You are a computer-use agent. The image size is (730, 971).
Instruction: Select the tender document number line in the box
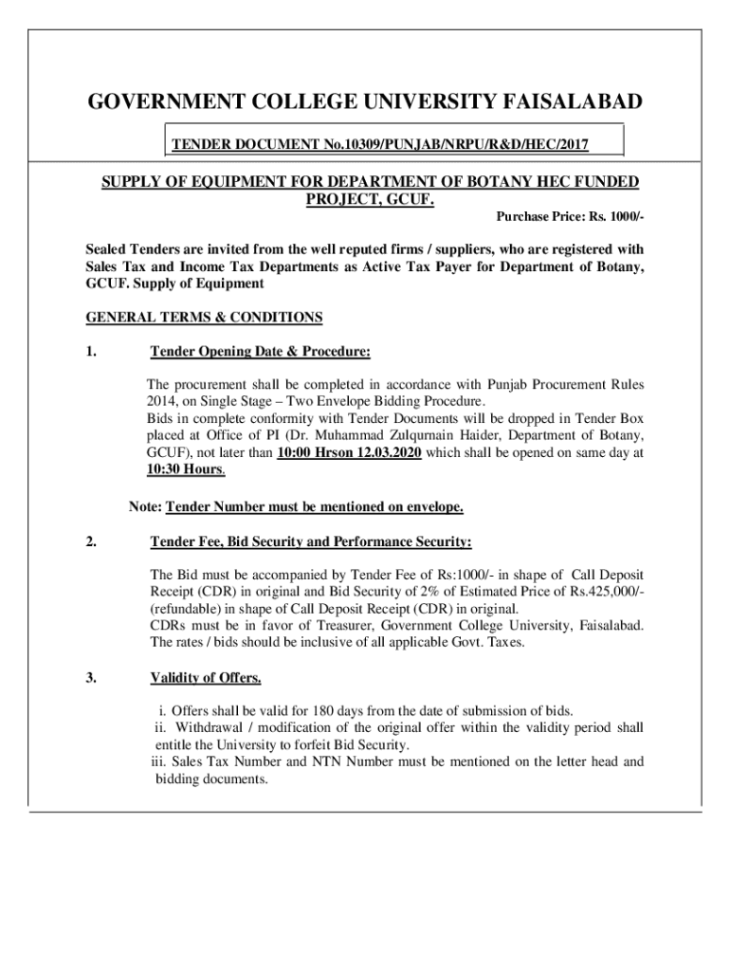click(x=379, y=144)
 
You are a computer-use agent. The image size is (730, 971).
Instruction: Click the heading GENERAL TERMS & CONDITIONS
click(x=204, y=317)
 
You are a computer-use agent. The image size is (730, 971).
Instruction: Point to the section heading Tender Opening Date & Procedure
click(x=260, y=353)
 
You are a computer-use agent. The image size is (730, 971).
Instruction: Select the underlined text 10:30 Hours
click(x=186, y=469)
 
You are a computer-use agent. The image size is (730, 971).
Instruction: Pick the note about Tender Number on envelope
click(x=296, y=507)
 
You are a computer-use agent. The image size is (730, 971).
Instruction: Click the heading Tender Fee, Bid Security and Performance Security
click(x=311, y=542)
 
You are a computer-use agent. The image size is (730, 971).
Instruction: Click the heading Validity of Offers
click(x=206, y=678)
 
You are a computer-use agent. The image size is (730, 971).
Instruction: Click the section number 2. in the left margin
click(x=91, y=542)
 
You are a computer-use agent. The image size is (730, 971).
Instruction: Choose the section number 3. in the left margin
click(x=91, y=678)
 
